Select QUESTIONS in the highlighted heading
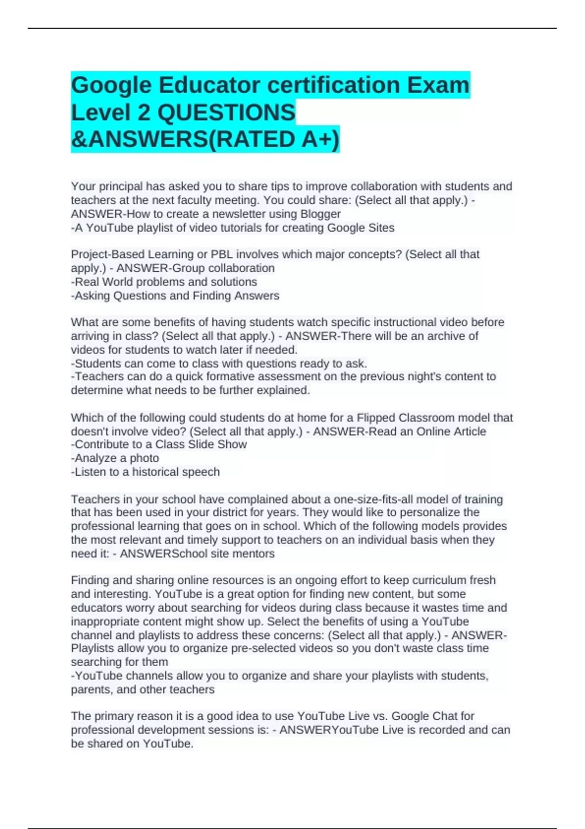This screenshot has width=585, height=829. tap(226, 113)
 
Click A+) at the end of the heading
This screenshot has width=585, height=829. tap(320, 139)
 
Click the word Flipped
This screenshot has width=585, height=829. tap(376, 418)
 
